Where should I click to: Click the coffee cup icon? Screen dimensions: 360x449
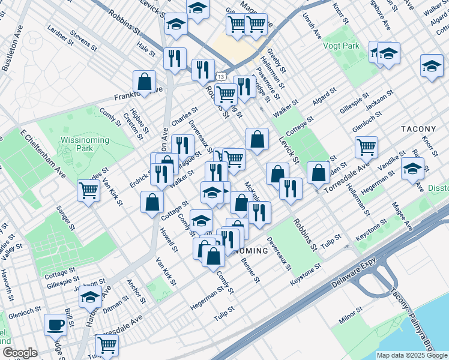tap(56, 324)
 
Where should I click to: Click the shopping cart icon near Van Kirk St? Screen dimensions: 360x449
tap(89, 190)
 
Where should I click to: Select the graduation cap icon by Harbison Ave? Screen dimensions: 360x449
tap(91, 296)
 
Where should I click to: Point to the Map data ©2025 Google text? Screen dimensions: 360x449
tap(412, 355)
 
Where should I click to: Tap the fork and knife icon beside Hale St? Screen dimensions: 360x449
tap(175, 58)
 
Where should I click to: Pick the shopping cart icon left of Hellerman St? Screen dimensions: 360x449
tap(366, 146)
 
